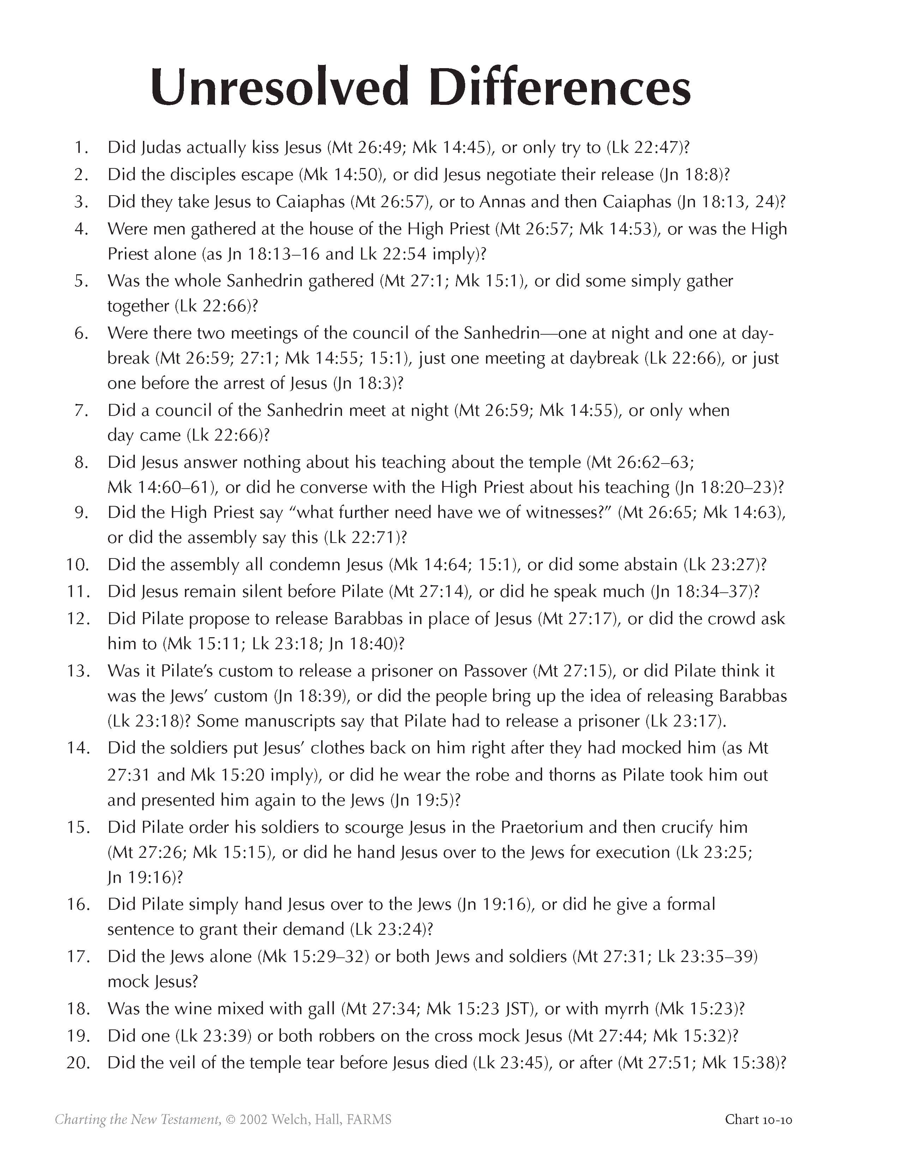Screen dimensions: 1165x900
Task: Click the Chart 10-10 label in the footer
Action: coord(758,1119)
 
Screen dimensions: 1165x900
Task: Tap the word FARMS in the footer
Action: coord(369,1119)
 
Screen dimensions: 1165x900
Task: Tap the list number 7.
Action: coord(82,410)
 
